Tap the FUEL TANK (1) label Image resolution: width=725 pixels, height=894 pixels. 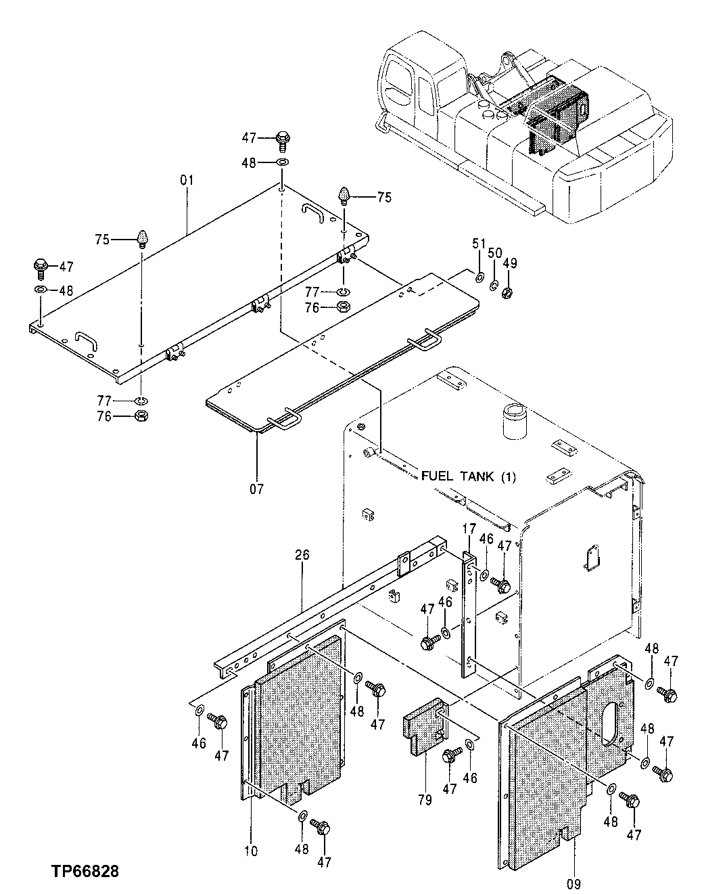[x=468, y=476]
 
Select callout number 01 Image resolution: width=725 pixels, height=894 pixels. [x=187, y=180]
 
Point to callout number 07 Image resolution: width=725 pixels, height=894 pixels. [x=257, y=488]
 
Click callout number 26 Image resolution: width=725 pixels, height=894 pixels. [x=302, y=555]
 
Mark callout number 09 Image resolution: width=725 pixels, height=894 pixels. [x=574, y=883]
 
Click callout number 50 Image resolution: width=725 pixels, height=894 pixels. [x=495, y=253]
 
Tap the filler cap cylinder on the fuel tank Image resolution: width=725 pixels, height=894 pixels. [x=514, y=423]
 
